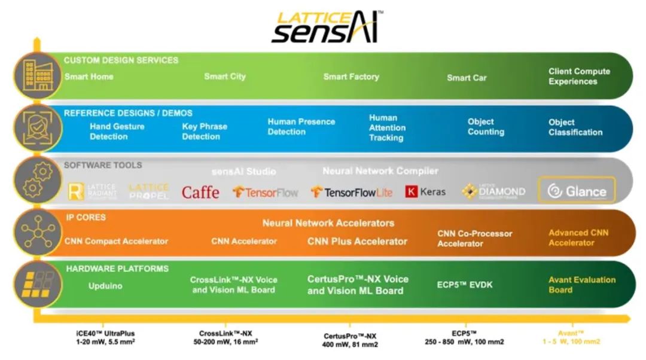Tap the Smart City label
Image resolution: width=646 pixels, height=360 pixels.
(225, 77)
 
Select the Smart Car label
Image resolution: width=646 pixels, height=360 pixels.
(467, 78)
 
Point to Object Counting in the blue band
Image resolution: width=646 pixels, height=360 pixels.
(486, 127)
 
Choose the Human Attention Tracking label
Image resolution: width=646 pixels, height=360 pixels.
(387, 128)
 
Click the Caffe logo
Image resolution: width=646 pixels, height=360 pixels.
(200, 192)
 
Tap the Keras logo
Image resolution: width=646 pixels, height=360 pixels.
(425, 192)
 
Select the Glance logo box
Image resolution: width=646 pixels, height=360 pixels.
(577, 191)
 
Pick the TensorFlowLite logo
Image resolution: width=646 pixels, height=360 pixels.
(352, 192)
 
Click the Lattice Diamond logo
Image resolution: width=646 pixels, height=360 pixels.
(493, 191)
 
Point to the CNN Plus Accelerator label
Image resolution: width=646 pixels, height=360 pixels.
(357, 242)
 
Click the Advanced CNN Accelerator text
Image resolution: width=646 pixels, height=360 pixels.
(578, 237)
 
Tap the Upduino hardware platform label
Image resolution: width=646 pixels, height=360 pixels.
(105, 286)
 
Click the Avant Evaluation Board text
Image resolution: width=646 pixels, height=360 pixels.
(581, 285)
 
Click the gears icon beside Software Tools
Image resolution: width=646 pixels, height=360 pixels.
(34, 181)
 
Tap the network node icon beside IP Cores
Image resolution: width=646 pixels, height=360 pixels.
(34, 232)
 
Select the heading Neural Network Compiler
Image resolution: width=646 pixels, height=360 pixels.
(380, 171)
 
